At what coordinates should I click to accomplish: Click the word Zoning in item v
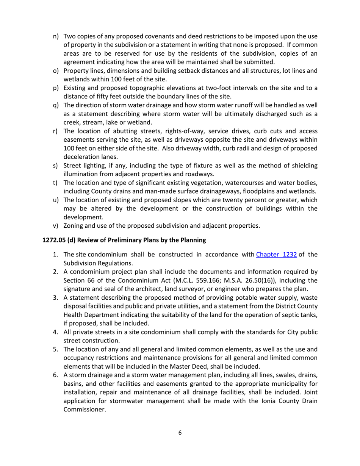tap(74, 226)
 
